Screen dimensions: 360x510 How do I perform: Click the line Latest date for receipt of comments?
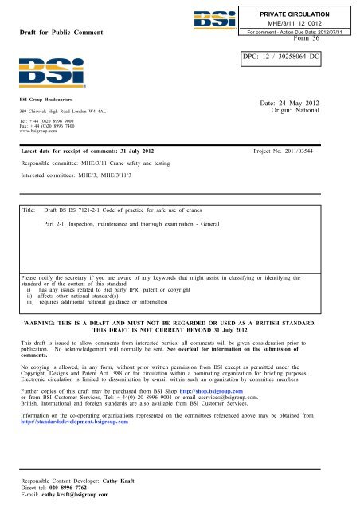(88, 151)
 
